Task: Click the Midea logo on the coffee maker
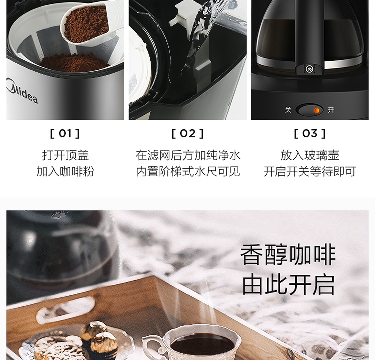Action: [22, 91]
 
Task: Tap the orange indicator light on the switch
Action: [317, 111]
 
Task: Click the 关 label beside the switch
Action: [288, 110]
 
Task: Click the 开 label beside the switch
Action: [331, 110]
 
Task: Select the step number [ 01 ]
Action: [65, 133]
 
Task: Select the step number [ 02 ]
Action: [187, 133]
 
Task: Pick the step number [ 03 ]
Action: [310, 133]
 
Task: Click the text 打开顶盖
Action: [65, 155]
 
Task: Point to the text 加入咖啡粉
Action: [65, 171]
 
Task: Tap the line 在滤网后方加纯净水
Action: [188, 155]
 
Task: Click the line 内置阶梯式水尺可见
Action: [188, 171]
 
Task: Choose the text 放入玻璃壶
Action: [310, 155]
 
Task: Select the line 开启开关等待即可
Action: [310, 171]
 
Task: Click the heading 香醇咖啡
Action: [288, 255]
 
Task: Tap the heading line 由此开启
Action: [288, 285]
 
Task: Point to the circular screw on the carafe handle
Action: [309, 69]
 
